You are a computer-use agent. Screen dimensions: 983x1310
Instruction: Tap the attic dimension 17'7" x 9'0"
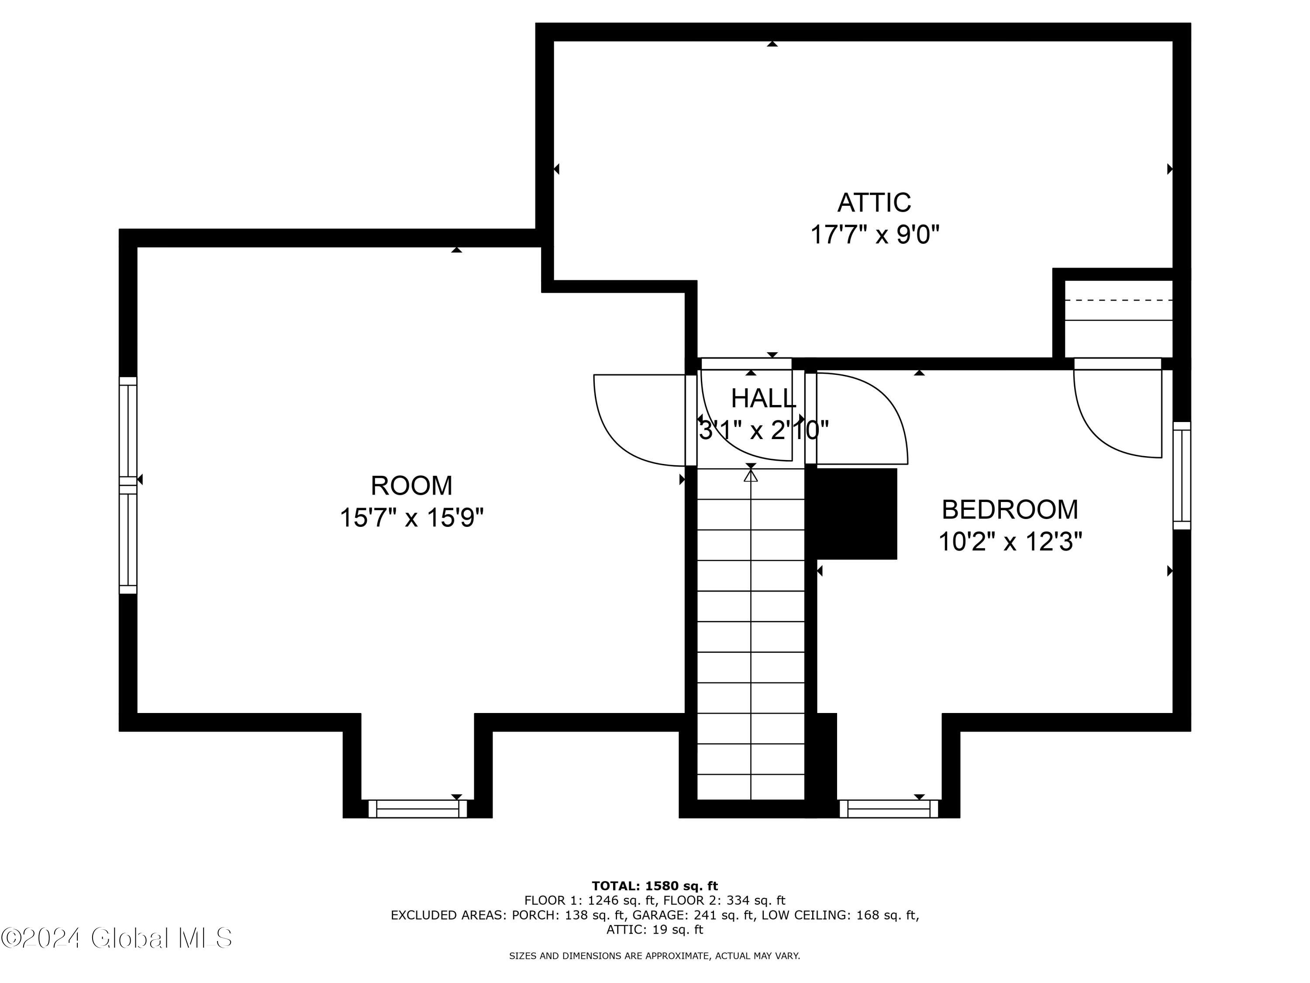(874, 235)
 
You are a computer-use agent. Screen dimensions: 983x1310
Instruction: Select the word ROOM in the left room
(412, 486)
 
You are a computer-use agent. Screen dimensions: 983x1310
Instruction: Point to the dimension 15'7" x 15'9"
(412, 518)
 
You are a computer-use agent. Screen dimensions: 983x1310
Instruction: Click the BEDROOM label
(1010, 509)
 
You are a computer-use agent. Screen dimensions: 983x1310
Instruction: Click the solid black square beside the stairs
(856, 514)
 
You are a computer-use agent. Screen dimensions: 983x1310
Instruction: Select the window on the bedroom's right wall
(1182, 476)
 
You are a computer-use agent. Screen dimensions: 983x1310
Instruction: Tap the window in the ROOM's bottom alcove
(417, 809)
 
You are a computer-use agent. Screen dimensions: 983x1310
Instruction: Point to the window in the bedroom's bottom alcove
(889, 809)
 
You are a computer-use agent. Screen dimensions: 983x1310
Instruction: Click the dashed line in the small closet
(1118, 301)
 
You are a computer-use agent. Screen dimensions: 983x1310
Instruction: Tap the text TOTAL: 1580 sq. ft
(655, 886)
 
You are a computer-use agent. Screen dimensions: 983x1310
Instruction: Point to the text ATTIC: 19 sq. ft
(655, 930)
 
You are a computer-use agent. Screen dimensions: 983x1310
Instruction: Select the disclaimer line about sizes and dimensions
(655, 956)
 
